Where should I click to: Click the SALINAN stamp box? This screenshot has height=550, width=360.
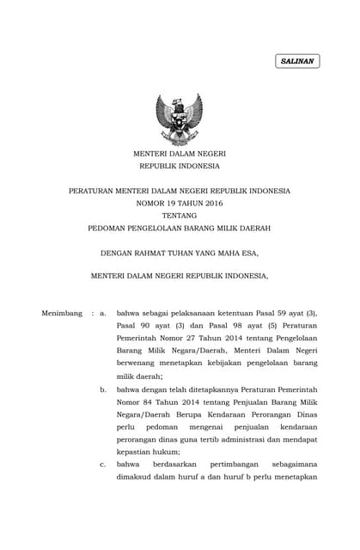(x=297, y=61)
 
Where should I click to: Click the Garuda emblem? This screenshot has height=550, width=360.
(x=179, y=118)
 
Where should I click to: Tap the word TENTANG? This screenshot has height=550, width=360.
(x=179, y=215)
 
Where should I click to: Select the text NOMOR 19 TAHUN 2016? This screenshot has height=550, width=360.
(x=179, y=203)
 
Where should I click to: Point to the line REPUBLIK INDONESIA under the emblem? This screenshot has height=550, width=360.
(x=179, y=165)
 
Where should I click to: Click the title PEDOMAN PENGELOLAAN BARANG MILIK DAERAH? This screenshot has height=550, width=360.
(x=179, y=228)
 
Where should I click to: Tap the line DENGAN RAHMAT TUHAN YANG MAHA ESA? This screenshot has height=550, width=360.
(x=179, y=253)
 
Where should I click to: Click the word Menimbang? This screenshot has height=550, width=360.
(x=62, y=314)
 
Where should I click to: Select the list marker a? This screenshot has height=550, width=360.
(x=102, y=314)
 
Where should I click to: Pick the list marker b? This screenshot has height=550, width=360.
(x=102, y=389)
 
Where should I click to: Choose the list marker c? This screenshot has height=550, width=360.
(x=102, y=465)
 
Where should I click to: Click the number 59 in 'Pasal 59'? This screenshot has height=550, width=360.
(x=271, y=314)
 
